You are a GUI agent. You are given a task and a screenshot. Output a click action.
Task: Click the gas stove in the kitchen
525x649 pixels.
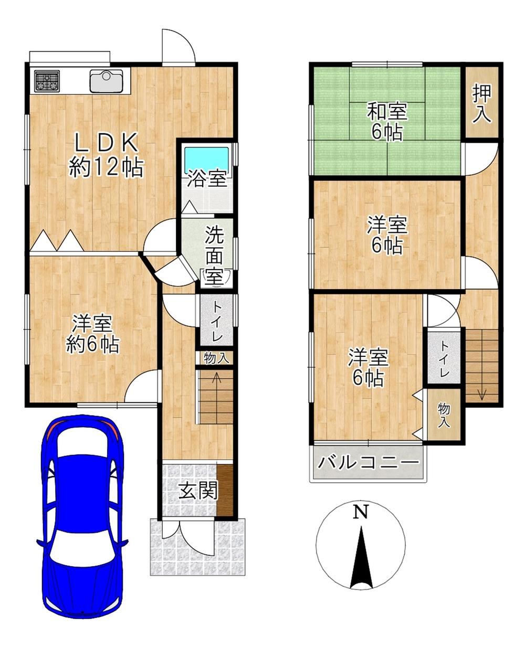[x=47, y=81]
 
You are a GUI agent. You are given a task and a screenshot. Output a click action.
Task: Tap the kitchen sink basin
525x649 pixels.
[x=107, y=81]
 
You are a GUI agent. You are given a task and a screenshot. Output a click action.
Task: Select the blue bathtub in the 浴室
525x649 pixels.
[x=207, y=160]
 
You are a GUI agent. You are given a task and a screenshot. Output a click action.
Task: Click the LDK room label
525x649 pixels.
[x=107, y=143]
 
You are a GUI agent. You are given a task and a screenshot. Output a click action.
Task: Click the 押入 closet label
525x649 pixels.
[x=482, y=104]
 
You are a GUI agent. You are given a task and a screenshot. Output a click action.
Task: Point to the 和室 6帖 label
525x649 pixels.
[x=387, y=121]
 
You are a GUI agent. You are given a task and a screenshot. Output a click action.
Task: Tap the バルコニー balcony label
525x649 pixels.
[x=369, y=462]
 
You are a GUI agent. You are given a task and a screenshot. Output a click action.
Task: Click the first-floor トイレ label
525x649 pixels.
[x=216, y=322]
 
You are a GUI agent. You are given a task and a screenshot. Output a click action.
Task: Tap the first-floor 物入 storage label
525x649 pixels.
[x=216, y=358]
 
